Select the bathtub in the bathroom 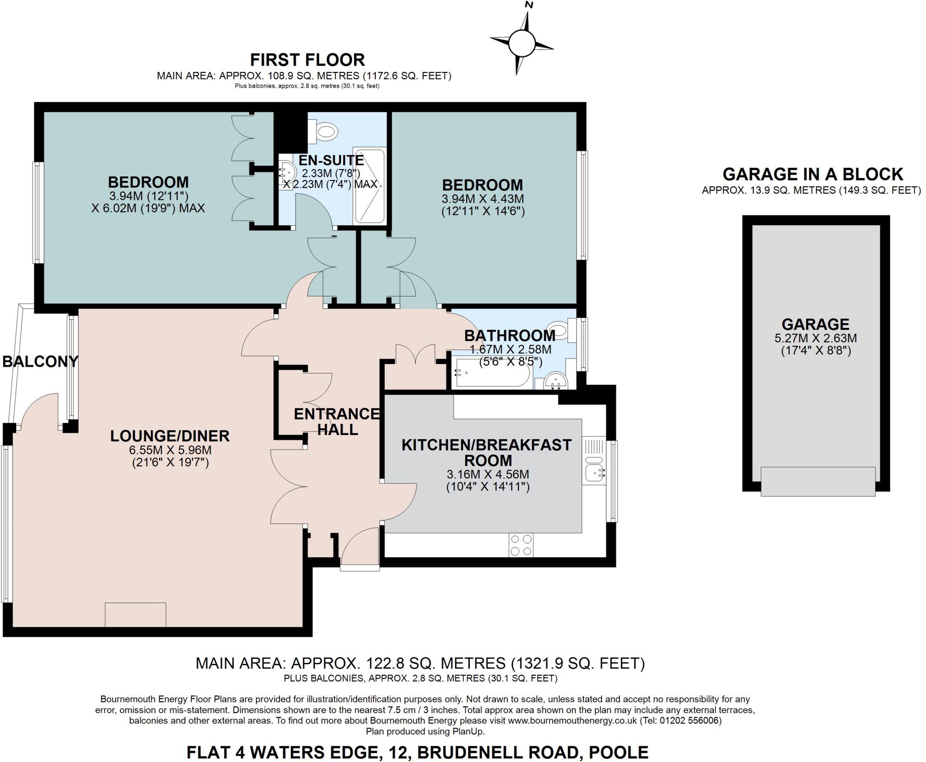click(493, 373)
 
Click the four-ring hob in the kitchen click(521, 545)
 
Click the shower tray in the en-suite click(369, 186)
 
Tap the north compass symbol click(522, 43)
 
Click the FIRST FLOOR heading click(307, 60)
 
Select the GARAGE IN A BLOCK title click(813, 174)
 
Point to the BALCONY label click(40, 361)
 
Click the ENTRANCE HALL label click(337, 421)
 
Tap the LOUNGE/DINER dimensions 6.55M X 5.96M click(170, 450)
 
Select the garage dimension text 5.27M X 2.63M click(816, 338)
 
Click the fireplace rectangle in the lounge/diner click(135, 615)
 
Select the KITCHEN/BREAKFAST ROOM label click(487, 453)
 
